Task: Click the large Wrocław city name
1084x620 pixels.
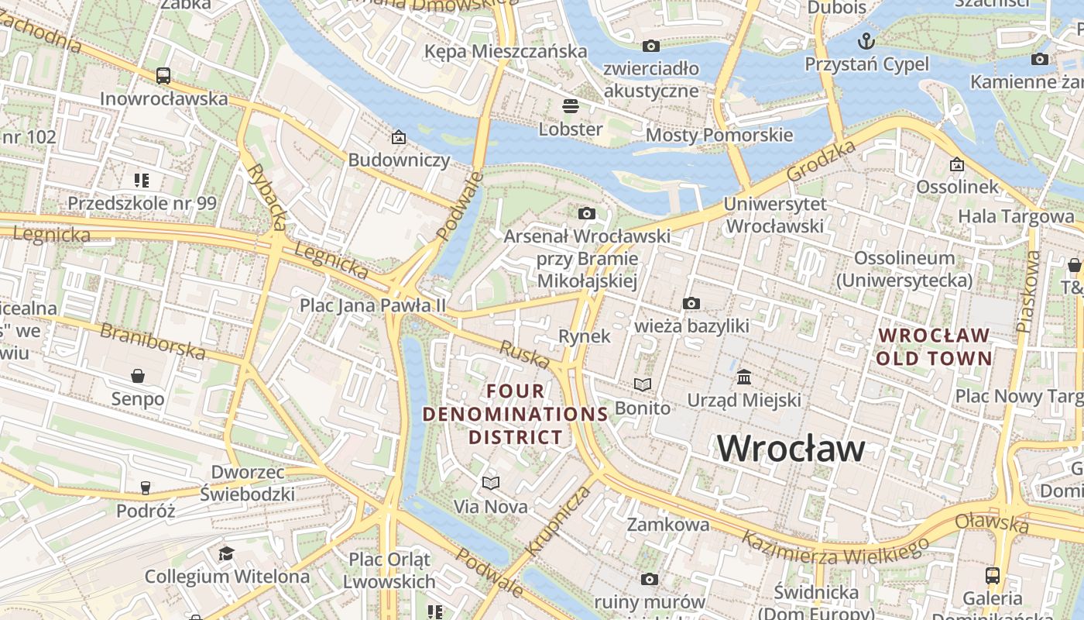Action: (x=791, y=449)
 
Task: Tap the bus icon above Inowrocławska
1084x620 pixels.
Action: (x=163, y=75)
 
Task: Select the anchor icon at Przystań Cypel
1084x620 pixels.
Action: (x=866, y=40)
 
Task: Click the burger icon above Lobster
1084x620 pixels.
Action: (x=571, y=105)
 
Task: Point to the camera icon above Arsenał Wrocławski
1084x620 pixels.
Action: (x=587, y=213)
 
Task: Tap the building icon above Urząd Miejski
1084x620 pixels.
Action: (x=744, y=377)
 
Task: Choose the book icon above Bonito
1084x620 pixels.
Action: (x=643, y=384)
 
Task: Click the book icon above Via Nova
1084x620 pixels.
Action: (x=490, y=483)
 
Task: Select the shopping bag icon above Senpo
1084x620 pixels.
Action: (x=138, y=376)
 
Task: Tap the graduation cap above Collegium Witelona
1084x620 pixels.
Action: (x=226, y=553)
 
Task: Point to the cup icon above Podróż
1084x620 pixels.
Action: (x=145, y=487)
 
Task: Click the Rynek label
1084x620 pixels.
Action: (x=585, y=336)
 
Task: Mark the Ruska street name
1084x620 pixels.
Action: (x=524, y=354)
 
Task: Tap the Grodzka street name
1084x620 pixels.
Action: (x=822, y=160)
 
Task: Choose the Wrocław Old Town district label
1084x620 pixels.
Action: (x=934, y=346)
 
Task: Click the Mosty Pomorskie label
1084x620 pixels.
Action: (x=719, y=135)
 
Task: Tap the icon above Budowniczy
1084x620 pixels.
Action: (x=399, y=137)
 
